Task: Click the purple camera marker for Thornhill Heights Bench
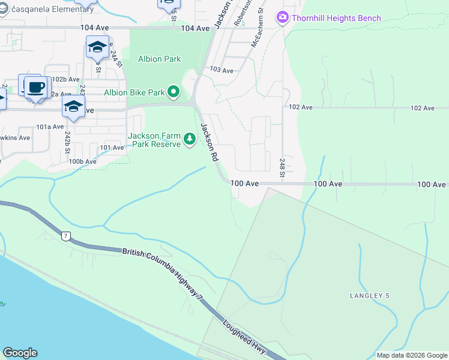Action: click(x=282, y=17)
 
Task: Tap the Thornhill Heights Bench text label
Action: click(x=336, y=18)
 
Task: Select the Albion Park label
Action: click(x=160, y=59)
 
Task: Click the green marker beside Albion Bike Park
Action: click(x=173, y=92)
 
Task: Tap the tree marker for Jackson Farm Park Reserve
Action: click(x=190, y=140)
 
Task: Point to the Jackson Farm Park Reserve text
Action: click(x=154, y=140)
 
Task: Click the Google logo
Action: click(x=20, y=353)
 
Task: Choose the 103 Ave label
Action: click(x=221, y=70)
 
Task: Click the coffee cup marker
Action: click(x=35, y=87)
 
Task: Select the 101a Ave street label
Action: click(x=50, y=127)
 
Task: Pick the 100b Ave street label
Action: click(x=82, y=161)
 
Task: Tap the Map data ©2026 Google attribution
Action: click(x=412, y=355)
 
